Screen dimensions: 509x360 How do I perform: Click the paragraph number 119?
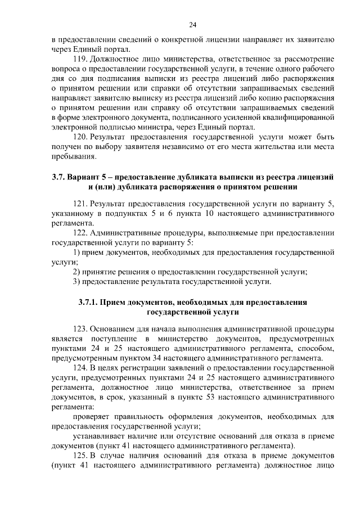point(80,59)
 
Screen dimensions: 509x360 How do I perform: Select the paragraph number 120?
point(80,137)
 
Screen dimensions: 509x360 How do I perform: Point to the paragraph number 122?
point(80,232)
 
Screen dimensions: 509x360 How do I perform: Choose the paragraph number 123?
point(80,328)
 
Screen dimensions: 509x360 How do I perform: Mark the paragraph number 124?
point(80,367)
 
